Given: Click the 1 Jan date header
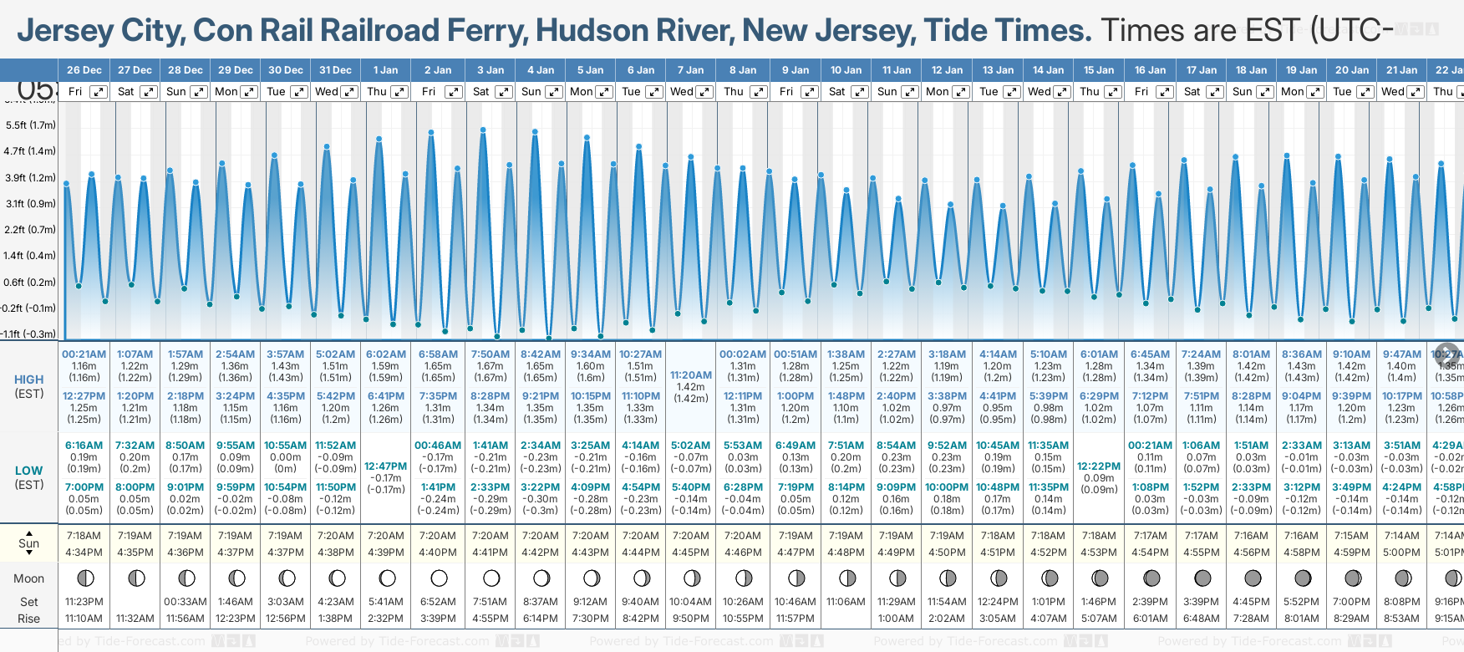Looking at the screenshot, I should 386,70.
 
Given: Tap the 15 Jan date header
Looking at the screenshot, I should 1099,70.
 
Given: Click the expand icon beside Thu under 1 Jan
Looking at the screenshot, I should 399,92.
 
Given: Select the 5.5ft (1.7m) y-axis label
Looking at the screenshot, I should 30,125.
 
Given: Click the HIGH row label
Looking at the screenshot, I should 28,379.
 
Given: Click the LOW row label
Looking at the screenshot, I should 28,471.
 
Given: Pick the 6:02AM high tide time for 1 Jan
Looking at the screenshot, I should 386,354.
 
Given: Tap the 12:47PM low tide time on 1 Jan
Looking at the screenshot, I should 386,466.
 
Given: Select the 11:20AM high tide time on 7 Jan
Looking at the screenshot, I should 691,375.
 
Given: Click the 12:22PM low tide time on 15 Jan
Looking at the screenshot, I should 1099,466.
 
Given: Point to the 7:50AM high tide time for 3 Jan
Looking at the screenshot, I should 491,354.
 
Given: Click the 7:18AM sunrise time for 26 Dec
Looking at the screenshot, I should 84,536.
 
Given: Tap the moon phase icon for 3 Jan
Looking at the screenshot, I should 491,578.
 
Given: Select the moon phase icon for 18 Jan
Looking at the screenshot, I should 1253,578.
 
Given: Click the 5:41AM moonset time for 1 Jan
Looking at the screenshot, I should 386,602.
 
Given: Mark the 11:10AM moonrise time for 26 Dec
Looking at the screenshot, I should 84,619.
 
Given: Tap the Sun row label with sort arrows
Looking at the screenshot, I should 28,543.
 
